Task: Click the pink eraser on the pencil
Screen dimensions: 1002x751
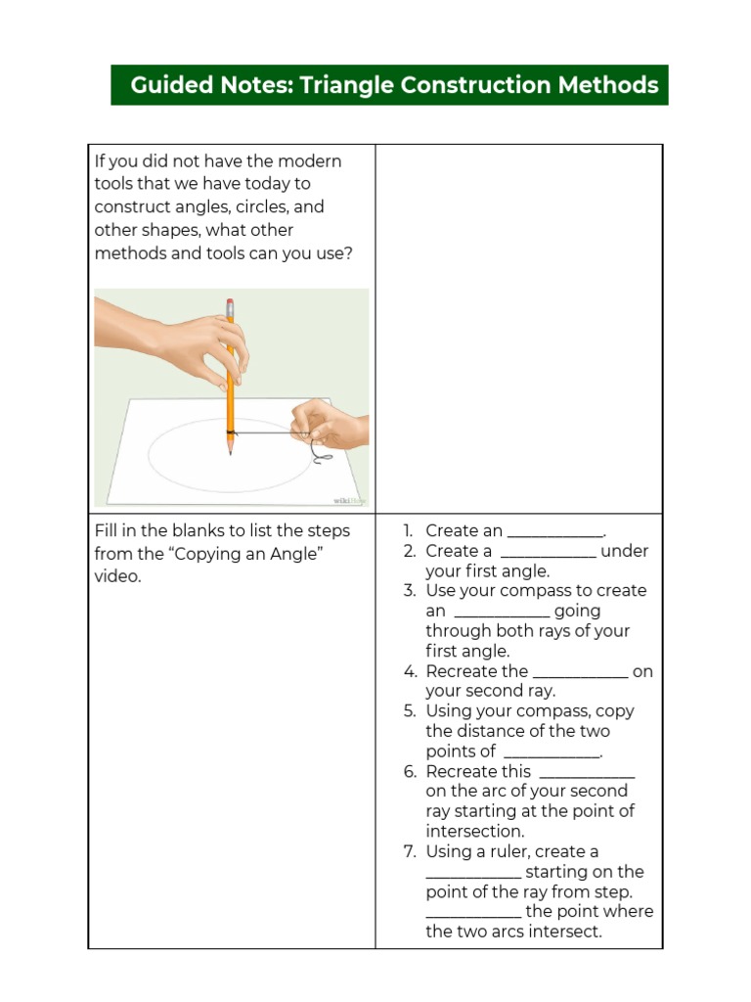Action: click(230, 303)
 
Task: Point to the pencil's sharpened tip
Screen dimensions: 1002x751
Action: click(231, 452)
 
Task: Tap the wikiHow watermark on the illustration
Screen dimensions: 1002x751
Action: click(348, 500)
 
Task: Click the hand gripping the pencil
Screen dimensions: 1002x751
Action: click(200, 342)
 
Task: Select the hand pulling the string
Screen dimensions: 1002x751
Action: click(328, 423)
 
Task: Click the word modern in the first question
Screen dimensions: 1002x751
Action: click(310, 160)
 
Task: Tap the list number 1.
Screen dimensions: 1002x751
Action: click(410, 530)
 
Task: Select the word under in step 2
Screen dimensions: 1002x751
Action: click(625, 551)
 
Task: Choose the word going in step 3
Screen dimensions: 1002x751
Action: click(577, 611)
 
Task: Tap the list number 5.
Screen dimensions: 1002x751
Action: click(410, 711)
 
